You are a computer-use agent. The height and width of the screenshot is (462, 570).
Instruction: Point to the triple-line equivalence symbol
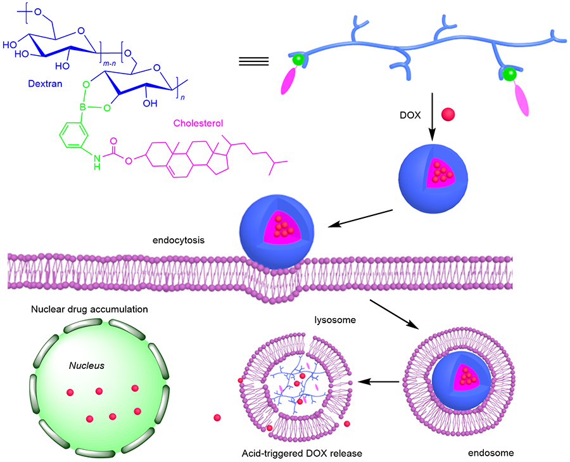pyautogui.click(x=253, y=61)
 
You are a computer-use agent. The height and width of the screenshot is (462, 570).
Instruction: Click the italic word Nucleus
pyautogui.click(x=87, y=366)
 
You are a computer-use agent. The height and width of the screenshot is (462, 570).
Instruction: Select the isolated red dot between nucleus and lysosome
pyautogui.click(x=218, y=418)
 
